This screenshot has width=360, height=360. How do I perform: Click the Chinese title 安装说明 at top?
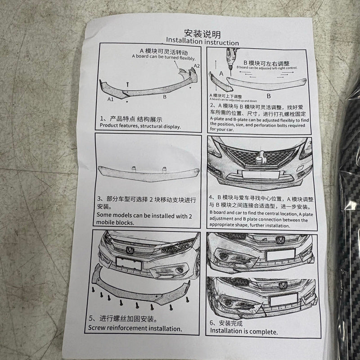pos(202,33)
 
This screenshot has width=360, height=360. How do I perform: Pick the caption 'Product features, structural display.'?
pos(139,126)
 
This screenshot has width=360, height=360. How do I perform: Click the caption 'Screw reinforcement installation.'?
pos(135,328)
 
